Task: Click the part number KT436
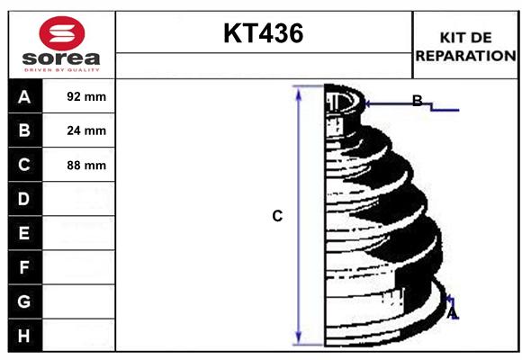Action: (263, 34)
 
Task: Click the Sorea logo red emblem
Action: (62, 33)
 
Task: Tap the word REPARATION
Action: (465, 55)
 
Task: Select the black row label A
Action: (24, 96)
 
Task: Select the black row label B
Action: (24, 130)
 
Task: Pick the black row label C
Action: (24, 165)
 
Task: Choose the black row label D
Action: (24, 199)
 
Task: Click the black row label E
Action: (24, 233)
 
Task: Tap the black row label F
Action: (24, 267)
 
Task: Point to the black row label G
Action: (24, 301)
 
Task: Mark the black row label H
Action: (24, 336)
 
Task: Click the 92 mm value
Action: (86, 96)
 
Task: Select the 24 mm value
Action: (86, 130)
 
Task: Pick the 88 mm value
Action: (86, 165)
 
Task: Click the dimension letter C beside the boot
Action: (277, 216)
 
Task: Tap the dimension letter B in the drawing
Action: (417, 101)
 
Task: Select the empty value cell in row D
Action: (80, 199)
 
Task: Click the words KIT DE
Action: (465, 38)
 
